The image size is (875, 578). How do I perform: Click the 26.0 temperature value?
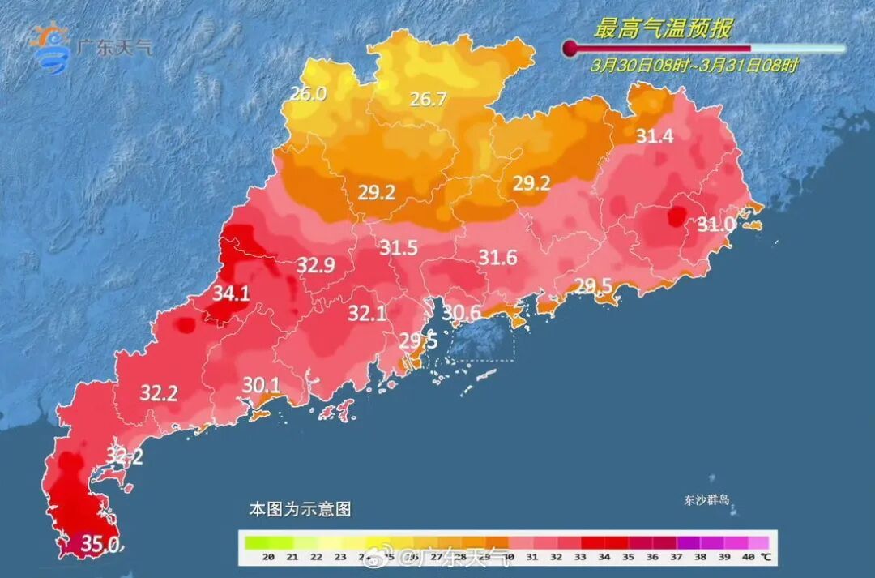pyautogui.click(x=308, y=94)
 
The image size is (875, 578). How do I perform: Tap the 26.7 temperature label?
pyautogui.click(x=428, y=100)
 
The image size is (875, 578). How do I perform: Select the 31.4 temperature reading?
pyautogui.click(x=654, y=136)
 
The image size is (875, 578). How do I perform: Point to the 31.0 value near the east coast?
pyautogui.click(x=717, y=223)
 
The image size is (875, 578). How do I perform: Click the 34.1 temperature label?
pyautogui.click(x=231, y=294)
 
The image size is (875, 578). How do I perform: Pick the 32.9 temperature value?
pyautogui.click(x=316, y=264)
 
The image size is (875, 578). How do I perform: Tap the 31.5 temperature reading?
pyautogui.click(x=399, y=248)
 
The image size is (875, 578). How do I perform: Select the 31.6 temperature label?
pyautogui.click(x=497, y=258)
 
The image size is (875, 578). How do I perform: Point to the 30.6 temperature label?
pyautogui.click(x=462, y=312)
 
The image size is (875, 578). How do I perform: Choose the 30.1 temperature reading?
pyautogui.click(x=261, y=385)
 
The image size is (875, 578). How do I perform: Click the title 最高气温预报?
pyautogui.click(x=664, y=30)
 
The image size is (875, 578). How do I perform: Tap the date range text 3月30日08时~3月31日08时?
pyautogui.click(x=694, y=66)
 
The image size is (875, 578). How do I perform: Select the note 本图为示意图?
pyautogui.click(x=300, y=510)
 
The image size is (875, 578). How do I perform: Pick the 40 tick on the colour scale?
pyautogui.click(x=747, y=557)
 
